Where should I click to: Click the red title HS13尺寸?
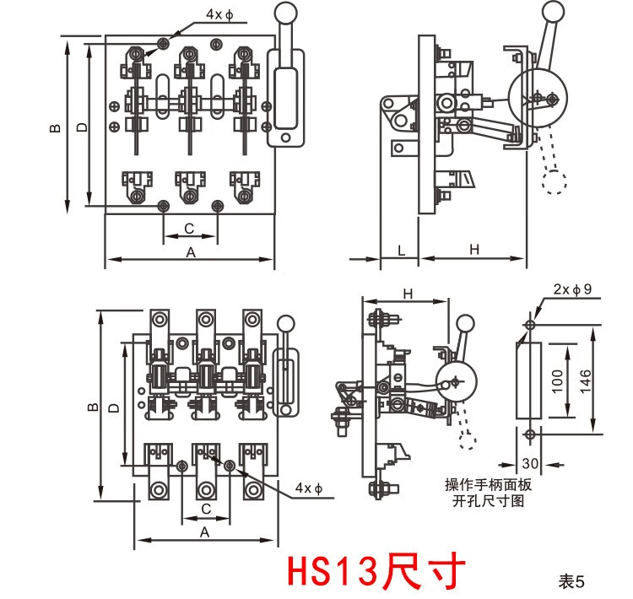pos(376,571)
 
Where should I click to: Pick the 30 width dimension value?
pos(529,463)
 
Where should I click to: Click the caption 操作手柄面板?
pos(489,485)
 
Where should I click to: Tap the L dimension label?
pos(401,250)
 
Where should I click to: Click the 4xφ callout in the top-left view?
pos(197,15)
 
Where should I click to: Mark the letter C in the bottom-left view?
pos(205,509)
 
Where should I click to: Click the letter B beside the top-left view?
pos(55,128)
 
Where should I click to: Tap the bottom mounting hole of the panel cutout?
pos(528,434)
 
